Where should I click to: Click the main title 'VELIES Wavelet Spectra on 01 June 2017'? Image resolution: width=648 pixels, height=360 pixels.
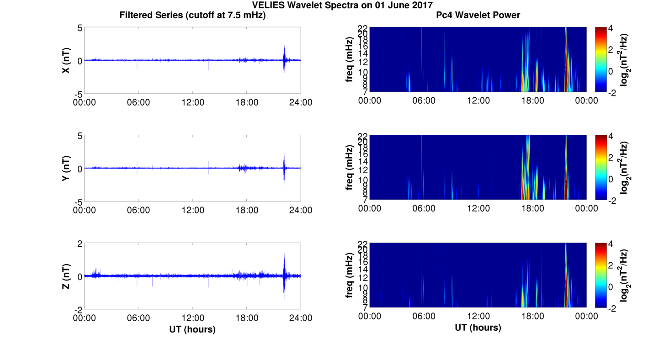click(x=324, y=5)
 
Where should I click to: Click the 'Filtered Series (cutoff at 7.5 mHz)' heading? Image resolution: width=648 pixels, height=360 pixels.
click(x=192, y=15)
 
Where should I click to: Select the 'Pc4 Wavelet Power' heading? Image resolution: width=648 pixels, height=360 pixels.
click(x=478, y=15)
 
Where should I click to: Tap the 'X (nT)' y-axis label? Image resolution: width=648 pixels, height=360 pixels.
click(x=66, y=60)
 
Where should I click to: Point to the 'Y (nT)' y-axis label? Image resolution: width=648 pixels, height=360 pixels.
click(x=66, y=168)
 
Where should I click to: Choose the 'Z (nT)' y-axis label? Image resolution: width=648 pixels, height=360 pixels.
click(x=66, y=276)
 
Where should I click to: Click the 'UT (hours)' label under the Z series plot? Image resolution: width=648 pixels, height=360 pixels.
click(x=192, y=329)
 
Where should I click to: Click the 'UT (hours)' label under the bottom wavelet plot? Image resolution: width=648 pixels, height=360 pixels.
click(x=478, y=328)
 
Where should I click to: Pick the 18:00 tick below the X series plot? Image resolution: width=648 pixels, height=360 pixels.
click(x=247, y=102)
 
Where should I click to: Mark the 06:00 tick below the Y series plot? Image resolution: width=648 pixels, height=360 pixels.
click(x=138, y=210)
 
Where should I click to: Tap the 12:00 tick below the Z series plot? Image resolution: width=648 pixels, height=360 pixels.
click(x=193, y=318)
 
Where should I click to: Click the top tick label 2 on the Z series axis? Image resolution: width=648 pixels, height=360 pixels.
click(x=80, y=244)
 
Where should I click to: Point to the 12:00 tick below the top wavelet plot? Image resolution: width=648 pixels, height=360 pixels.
click(x=478, y=101)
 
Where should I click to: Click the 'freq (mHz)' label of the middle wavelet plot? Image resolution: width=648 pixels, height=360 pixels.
click(x=350, y=167)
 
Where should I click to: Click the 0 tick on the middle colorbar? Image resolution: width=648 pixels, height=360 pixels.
click(x=611, y=179)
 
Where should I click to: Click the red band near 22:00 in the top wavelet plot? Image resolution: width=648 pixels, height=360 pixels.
click(x=566, y=59)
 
